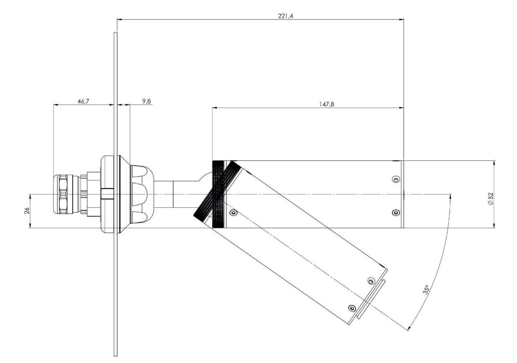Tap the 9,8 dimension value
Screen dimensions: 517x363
click(146, 101)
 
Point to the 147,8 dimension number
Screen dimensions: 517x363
click(327, 104)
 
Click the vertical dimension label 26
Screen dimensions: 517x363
click(27, 211)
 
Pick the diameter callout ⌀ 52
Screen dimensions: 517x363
click(491, 198)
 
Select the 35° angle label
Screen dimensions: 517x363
click(427, 290)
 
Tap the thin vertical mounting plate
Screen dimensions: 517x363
click(115, 268)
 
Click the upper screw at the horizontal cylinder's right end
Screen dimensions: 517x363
click(396, 179)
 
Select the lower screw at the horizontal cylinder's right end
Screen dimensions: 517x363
click(396, 212)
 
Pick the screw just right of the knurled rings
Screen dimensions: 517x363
click(234, 212)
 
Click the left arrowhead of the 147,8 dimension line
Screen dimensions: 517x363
click(215, 107)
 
